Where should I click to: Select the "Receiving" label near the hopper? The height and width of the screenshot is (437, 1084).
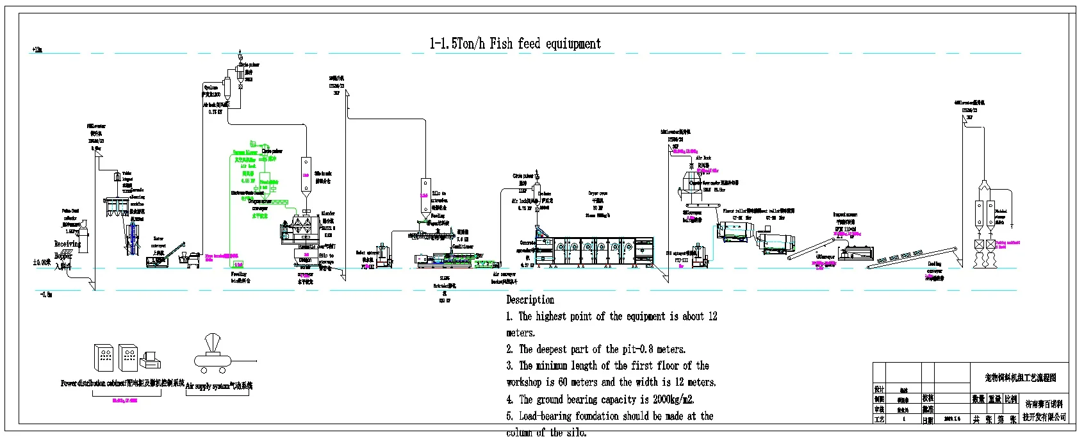tap(67, 244)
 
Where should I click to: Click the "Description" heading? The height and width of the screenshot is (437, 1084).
tap(530, 300)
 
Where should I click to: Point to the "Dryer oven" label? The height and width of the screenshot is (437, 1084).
tap(598, 193)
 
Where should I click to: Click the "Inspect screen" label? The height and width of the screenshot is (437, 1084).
tap(845, 215)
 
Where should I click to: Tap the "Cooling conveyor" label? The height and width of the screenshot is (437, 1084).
tap(935, 267)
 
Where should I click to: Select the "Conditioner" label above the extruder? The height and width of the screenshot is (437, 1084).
tap(463, 246)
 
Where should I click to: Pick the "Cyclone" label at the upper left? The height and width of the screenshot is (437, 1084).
tap(211, 87)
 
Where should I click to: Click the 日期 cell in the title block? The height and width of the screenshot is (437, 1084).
tap(928, 420)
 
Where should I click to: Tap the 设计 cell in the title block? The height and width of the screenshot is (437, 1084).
tap(879, 389)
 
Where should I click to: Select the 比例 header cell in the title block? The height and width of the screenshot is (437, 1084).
tap(1010, 399)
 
